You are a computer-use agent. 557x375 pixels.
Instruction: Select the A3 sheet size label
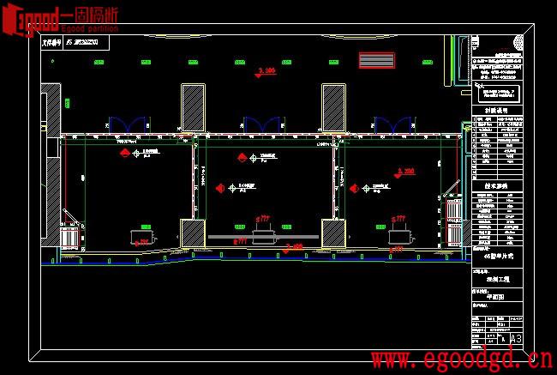(516, 340)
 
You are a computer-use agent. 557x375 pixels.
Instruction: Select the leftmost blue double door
(127, 125)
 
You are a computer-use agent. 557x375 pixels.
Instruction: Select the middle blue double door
(262, 125)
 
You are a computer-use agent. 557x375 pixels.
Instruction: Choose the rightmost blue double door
(395, 125)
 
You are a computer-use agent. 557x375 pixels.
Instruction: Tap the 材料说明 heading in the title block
(496, 109)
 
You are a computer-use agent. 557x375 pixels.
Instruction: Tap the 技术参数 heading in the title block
(496, 184)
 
